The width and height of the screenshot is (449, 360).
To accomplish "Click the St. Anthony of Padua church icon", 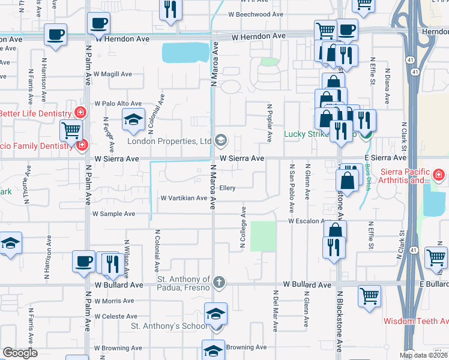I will pyautogui.click(x=220, y=281).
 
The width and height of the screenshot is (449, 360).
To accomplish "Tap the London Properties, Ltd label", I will pyautogui.click(x=169, y=141).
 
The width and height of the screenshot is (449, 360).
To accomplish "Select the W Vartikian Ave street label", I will pyautogui.click(x=183, y=198).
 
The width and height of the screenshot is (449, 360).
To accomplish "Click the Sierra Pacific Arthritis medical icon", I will pyautogui.click(x=439, y=175).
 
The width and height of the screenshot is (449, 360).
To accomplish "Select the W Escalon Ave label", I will pyautogui.click(x=307, y=221).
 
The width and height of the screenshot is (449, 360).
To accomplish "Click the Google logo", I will pyautogui.click(x=20, y=353).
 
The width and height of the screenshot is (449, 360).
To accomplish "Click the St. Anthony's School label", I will pyautogui.click(x=169, y=326).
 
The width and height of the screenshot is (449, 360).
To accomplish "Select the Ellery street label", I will pyautogui.click(x=227, y=188).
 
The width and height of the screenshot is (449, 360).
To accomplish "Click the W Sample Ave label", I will pyautogui.click(x=113, y=214).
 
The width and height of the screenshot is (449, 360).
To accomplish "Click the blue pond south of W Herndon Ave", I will pyautogui.click(x=185, y=53).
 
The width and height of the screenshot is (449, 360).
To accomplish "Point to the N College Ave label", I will pyautogui.click(x=244, y=228).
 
